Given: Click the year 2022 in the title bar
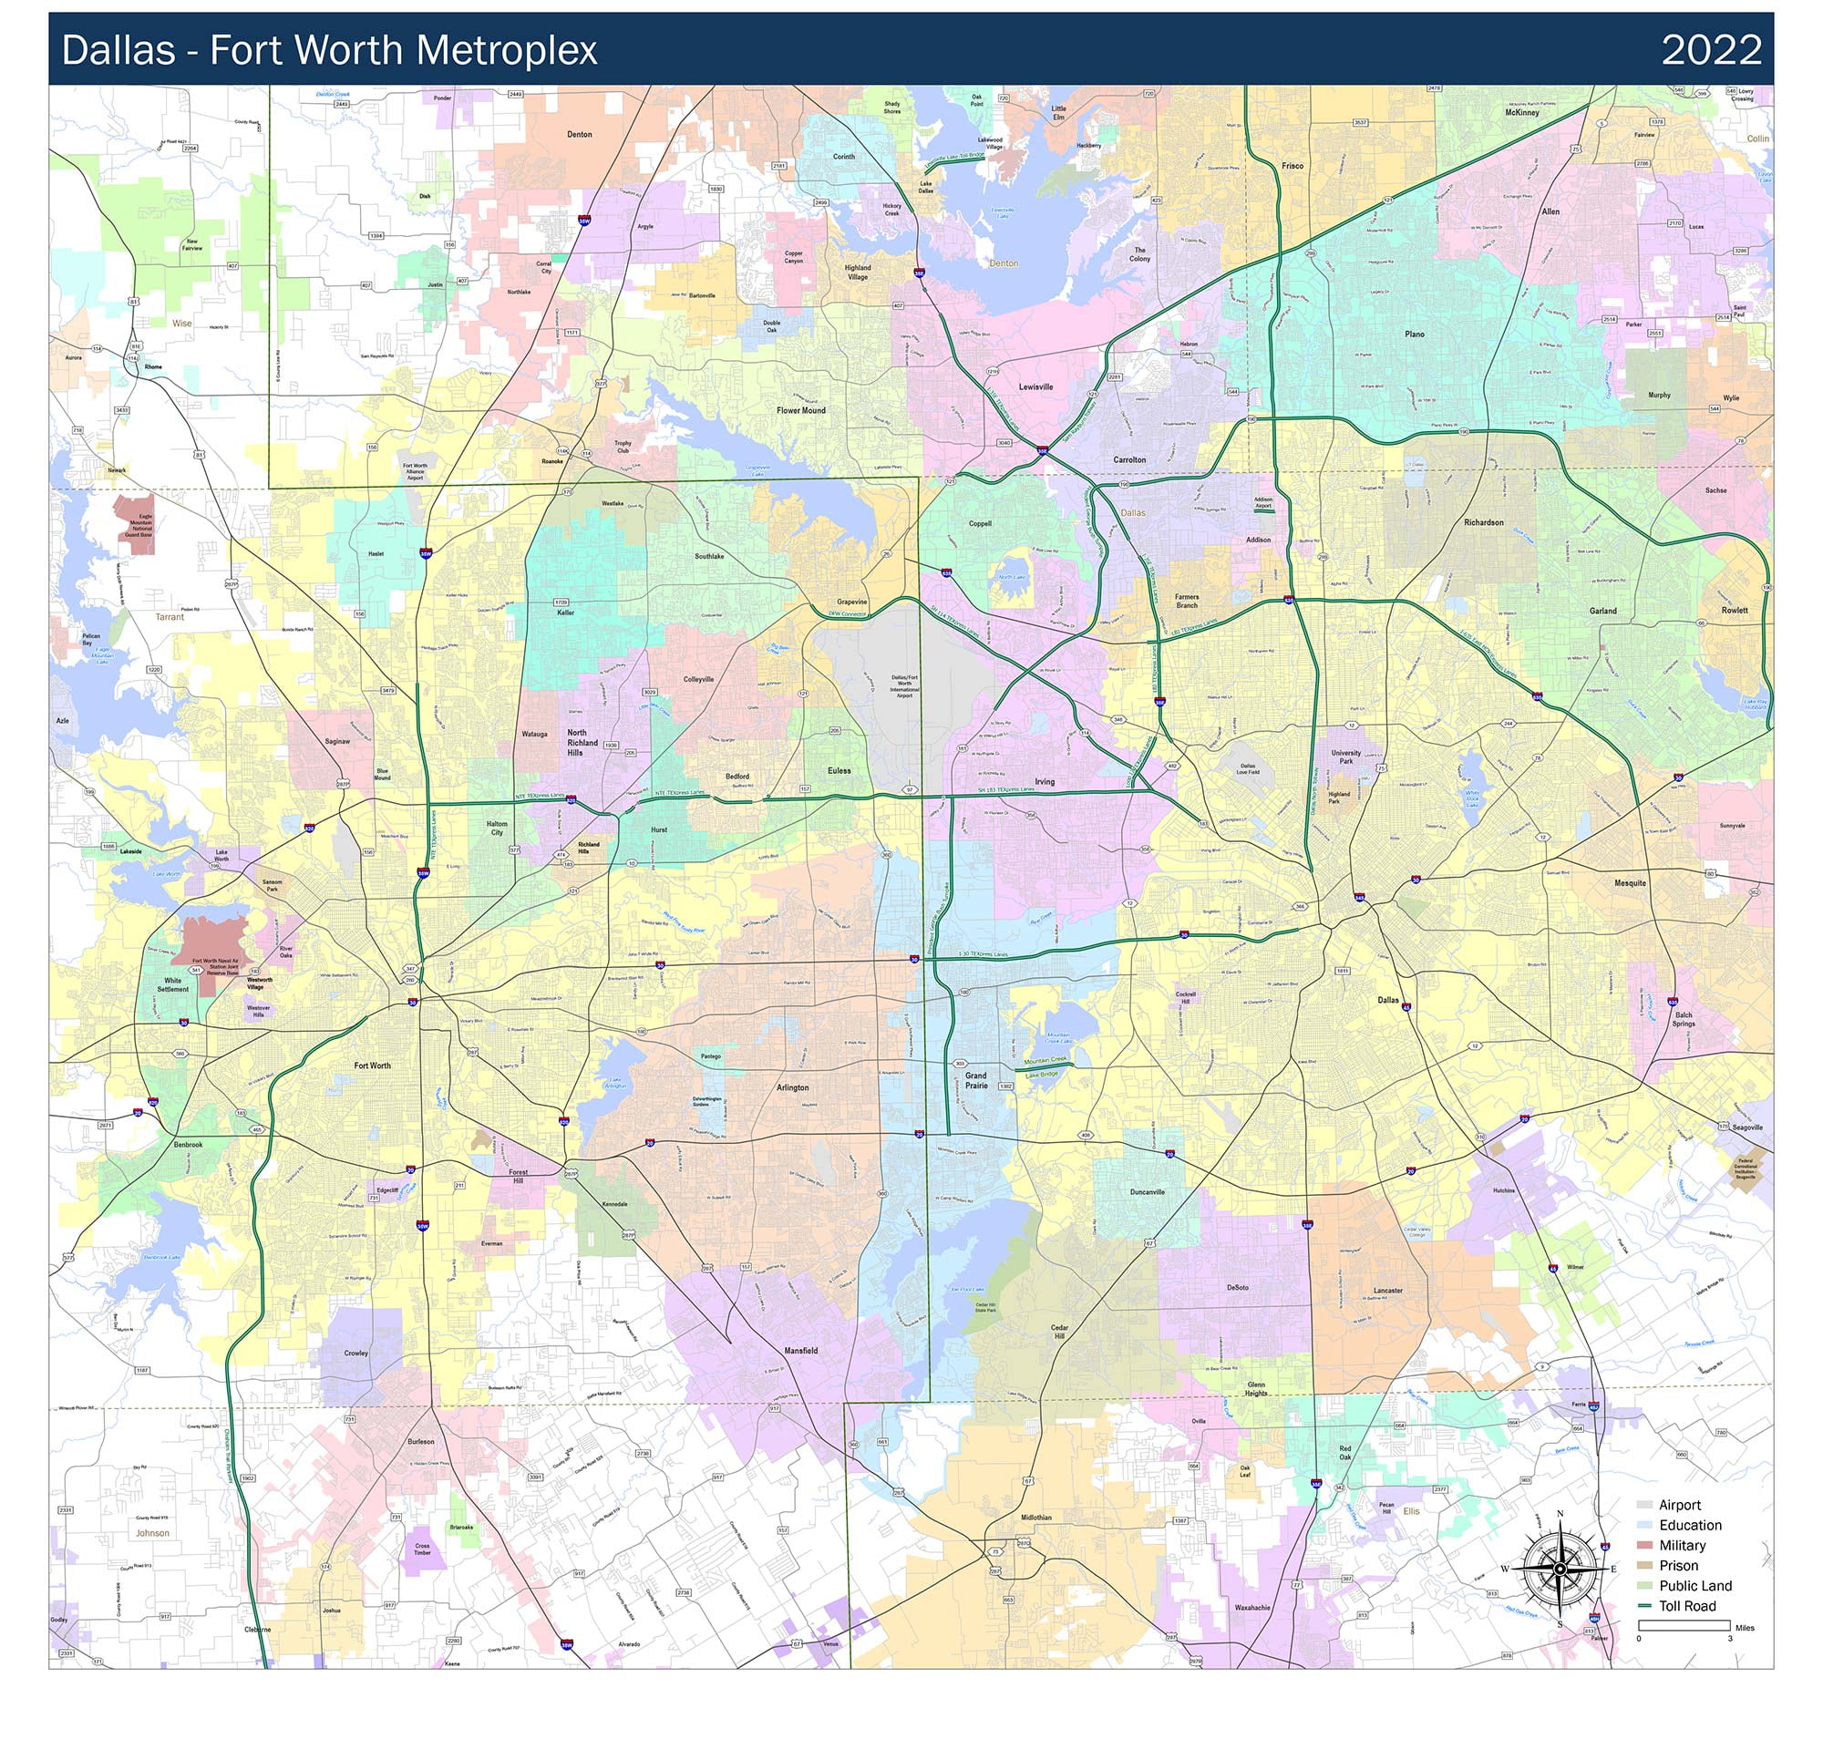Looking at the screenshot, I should click(x=1712, y=49).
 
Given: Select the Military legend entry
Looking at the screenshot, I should click(x=1681, y=1546).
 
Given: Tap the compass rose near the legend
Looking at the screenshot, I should click(x=1560, y=1568).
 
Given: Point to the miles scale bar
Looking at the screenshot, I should click(x=1684, y=1625).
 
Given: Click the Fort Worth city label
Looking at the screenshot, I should click(x=372, y=1065).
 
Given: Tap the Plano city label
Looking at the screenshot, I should click(x=1415, y=334).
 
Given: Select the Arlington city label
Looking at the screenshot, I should click(x=792, y=1087).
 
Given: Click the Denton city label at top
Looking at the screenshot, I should click(x=580, y=134).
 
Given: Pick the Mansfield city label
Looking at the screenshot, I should click(x=801, y=1350).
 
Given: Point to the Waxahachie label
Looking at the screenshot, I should click(x=1251, y=1607).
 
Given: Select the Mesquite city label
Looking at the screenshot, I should click(x=1630, y=882).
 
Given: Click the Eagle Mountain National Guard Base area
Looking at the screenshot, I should click(x=134, y=524).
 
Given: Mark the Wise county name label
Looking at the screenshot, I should click(x=181, y=324).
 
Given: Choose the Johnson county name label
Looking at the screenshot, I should click(x=152, y=1532).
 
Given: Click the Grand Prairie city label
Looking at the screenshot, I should click(x=975, y=1080).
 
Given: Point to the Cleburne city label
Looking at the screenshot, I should click(x=258, y=1629).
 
